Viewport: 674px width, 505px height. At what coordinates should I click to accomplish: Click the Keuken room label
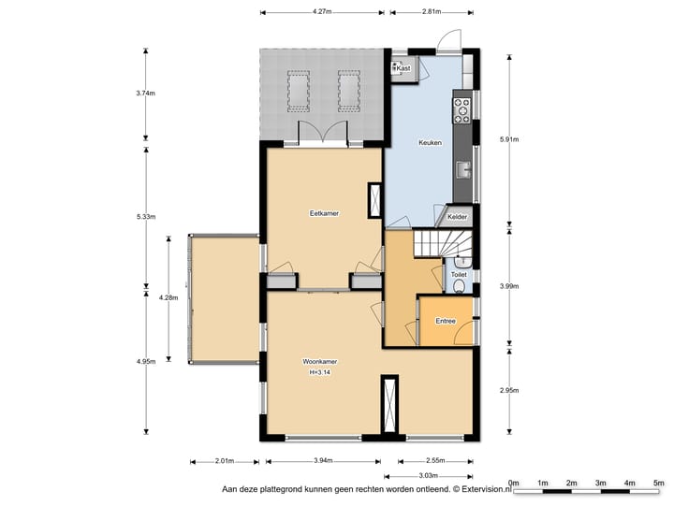coord(430,142)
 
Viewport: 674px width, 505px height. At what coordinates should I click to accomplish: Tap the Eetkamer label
coord(324,213)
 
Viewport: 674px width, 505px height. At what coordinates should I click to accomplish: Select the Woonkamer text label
coord(320,362)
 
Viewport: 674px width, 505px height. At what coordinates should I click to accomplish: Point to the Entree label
coord(446,321)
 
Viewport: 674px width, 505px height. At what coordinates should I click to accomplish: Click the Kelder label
coord(457,217)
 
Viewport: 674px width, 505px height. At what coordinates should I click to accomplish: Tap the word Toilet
coord(459,274)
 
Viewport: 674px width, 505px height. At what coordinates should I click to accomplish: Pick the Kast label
coord(403,68)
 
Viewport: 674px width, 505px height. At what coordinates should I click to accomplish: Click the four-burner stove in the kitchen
coord(462,110)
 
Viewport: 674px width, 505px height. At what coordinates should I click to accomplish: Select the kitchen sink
coord(463,169)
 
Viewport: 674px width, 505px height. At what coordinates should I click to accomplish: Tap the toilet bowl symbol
coord(459,286)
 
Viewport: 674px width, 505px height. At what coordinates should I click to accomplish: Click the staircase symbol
coord(442,244)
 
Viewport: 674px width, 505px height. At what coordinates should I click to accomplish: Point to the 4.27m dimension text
coord(322,11)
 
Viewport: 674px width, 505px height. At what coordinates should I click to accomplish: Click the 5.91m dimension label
coord(509,139)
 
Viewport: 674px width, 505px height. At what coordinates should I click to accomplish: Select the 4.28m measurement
coord(168,297)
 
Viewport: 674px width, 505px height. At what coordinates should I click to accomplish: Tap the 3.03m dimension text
coord(428,475)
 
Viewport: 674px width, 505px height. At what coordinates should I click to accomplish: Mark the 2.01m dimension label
coord(225,461)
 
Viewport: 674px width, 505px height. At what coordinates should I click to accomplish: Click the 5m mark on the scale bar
coord(658,483)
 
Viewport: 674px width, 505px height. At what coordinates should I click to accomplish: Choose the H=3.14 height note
coord(320,373)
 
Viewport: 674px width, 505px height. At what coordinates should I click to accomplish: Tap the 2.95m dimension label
coord(509,390)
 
